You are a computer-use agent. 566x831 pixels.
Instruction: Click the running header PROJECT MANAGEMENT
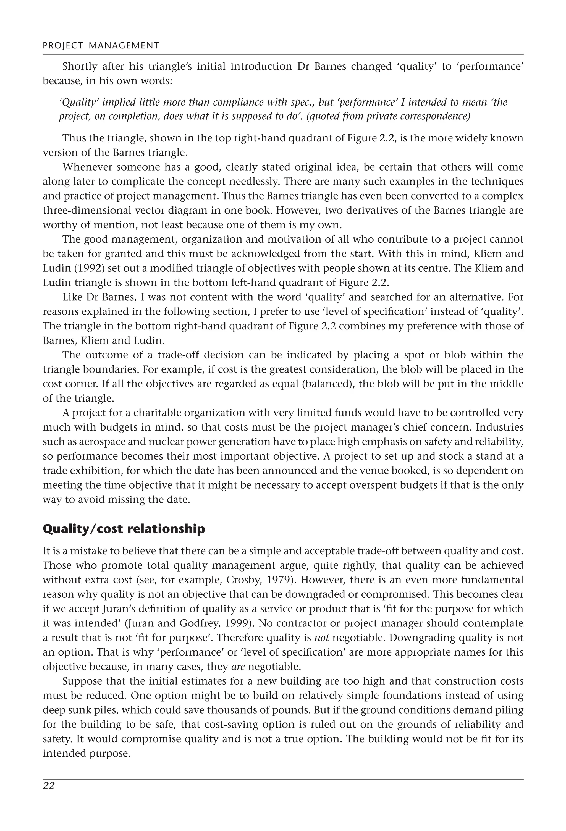pos(101,45)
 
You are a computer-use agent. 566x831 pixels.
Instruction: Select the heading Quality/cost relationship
pos(124,529)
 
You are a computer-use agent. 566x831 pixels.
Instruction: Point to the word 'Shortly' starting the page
pos(80,67)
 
